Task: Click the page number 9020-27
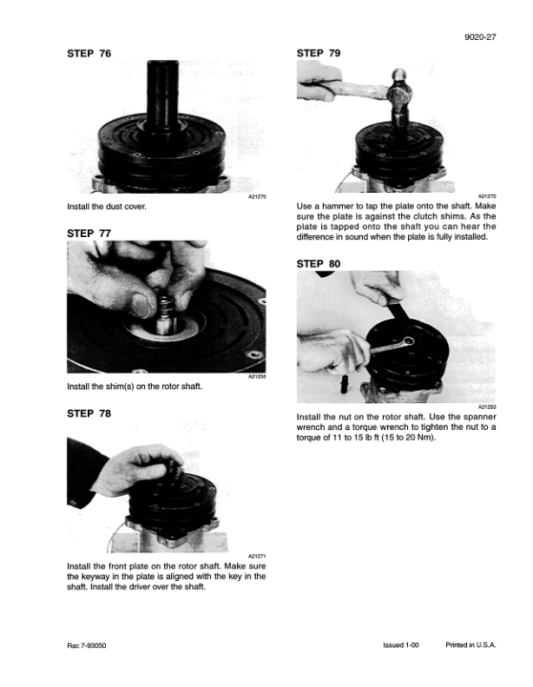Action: (480, 37)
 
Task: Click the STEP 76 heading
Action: (89, 54)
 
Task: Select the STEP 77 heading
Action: (89, 234)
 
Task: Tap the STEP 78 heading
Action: (89, 413)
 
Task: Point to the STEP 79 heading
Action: (319, 53)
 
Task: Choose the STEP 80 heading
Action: (319, 264)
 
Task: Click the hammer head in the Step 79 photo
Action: (399, 94)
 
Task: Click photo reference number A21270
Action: (257, 197)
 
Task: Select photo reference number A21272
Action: (487, 196)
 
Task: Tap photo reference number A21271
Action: (257, 556)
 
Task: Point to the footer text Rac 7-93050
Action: (86, 645)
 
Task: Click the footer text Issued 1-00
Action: (401, 645)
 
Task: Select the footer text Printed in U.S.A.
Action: (470, 645)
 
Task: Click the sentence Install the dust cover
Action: (107, 207)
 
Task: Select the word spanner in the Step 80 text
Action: (479, 417)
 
